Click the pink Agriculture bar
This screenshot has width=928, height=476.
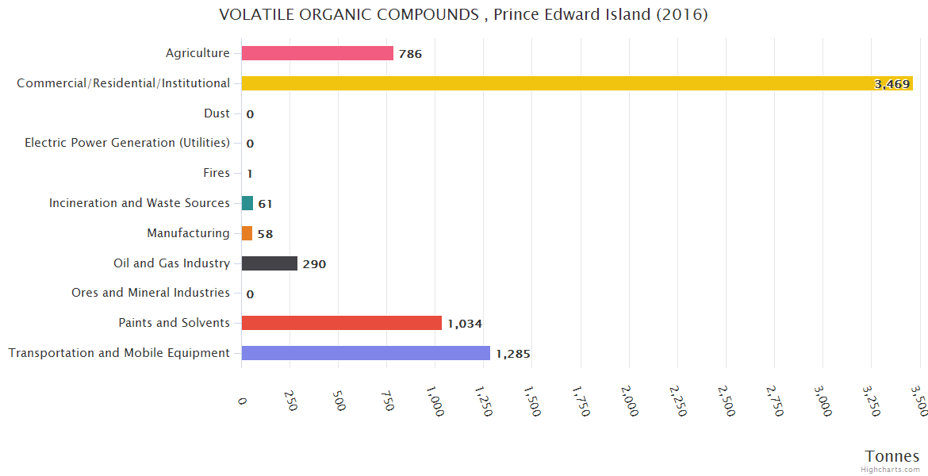pyautogui.click(x=317, y=53)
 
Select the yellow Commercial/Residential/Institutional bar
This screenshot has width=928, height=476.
pyautogui.click(x=577, y=83)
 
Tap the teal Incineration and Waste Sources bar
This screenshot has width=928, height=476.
pyautogui.click(x=247, y=203)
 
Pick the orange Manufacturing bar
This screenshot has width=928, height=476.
pyautogui.click(x=247, y=233)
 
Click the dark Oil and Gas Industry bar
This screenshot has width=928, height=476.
pyautogui.click(x=269, y=263)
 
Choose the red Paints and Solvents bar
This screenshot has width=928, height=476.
pyautogui.click(x=341, y=323)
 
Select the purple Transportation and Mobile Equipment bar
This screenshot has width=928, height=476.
pyautogui.click(x=366, y=353)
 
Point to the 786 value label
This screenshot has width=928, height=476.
pyautogui.click(x=410, y=54)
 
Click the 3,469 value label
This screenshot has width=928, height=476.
pyautogui.click(x=892, y=84)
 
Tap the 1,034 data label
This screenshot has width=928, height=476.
pyautogui.click(x=465, y=324)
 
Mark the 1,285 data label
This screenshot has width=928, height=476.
pyautogui.click(x=513, y=354)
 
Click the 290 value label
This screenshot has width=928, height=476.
pyautogui.click(x=314, y=264)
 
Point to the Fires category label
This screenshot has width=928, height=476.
pyautogui.click(x=217, y=173)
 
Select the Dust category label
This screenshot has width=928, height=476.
pyautogui.click(x=217, y=113)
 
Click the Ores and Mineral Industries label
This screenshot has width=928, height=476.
pyautogui.click(x=151, y=293)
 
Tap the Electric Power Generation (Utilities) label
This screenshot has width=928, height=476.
pyautogui.click(x=127, y=143)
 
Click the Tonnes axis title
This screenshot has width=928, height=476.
pyautogui.click(x=892, y=456)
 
